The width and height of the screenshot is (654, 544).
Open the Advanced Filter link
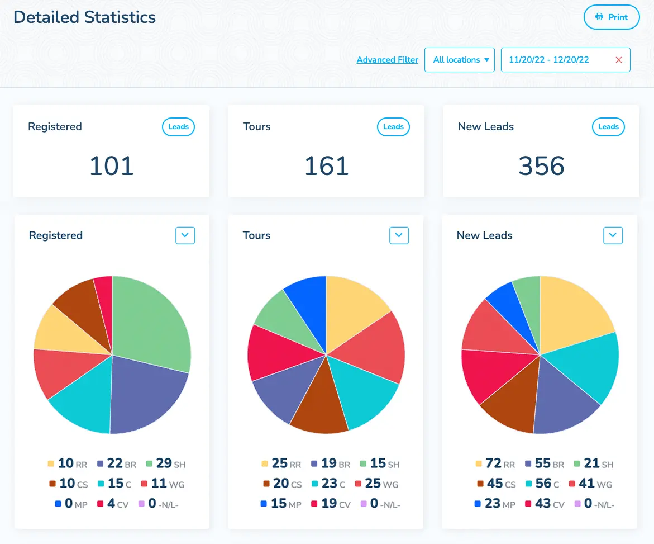point(387,60)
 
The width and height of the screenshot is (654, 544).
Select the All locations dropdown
point(460,60)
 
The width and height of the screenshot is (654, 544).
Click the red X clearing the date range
point(618,60)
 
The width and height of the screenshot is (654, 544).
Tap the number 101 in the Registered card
point(112,166)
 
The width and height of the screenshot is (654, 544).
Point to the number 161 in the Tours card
point(326,166)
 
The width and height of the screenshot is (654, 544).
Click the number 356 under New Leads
point(541,166)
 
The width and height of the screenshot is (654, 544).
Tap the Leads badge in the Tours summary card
point(393,127)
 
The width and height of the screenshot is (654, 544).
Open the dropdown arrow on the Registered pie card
point(185,235)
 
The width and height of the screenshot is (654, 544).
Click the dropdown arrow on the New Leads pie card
point(613,235)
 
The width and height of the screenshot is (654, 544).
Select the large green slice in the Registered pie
point(151,324)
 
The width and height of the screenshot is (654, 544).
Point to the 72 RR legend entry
point(495,463)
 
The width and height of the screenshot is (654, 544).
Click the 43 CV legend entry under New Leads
point(543,504)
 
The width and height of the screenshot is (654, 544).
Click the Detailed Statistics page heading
point(85,17)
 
